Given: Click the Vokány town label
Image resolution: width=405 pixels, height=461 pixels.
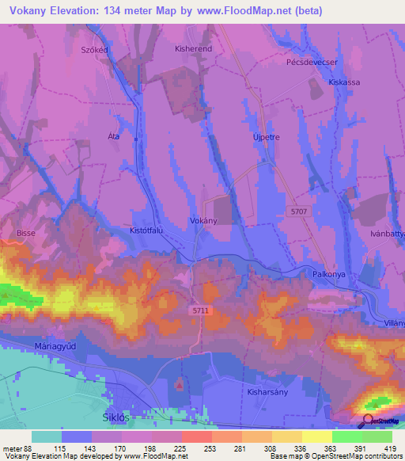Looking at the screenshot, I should click(203, 222).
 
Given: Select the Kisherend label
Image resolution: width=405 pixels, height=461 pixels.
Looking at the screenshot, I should click(191, 48).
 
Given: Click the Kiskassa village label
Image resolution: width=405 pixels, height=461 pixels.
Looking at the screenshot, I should click(344, 82).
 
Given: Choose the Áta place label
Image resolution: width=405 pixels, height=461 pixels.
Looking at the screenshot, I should click(112, 136).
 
